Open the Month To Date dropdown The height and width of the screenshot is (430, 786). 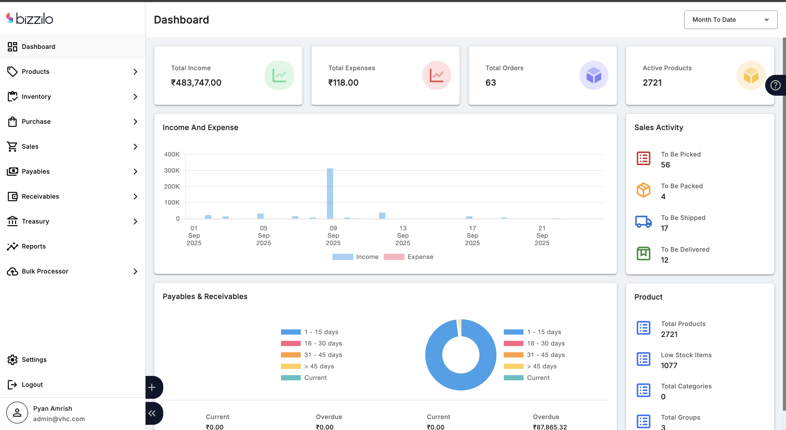(x=730, y=20)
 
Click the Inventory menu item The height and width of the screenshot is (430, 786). (x=36, y=97)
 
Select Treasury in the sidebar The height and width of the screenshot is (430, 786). (x=35, y=221)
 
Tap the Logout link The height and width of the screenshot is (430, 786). (x=32, y=385)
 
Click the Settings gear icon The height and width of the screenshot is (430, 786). (x=12, y=360)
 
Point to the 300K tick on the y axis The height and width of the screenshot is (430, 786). (x=172, y=171)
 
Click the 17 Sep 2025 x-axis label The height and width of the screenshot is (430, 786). (x=472, y=236)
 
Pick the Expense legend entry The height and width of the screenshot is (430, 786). (x=409, y=257)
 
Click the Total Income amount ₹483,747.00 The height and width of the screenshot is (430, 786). (x=196, y=83)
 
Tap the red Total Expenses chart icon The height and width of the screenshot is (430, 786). (x=436, y=75)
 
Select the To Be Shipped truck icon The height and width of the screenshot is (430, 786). (x=643, y=222)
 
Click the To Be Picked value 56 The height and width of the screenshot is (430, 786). (x=665, y=165)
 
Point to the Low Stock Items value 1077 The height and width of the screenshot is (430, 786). (x=669, y=365)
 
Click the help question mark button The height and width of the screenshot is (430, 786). (x=775, y=86)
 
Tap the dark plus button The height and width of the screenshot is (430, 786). (x=152, y=388)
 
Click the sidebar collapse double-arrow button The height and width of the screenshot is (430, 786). (x=152, y=413)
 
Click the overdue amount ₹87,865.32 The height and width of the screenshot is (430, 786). (x=550, y=427)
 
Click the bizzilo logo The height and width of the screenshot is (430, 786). (x=30, y=19)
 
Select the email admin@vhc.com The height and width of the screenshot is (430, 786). (x=59, y=419)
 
